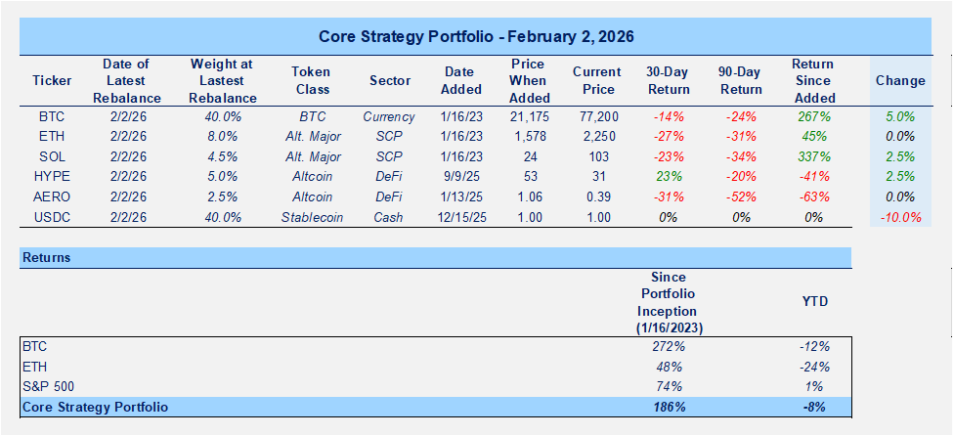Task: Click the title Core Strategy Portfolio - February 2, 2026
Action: (x=476, y=37)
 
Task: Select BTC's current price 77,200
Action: (x=596, y=116)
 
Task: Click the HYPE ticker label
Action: (x=52, y=177)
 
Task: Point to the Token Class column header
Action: (x=312, y=80)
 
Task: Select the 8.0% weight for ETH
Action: (x=223, y=137)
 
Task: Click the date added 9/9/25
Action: (x=460, y=177)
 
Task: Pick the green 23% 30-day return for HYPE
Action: (x=668, y=177)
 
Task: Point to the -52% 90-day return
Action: (x=740, y=196)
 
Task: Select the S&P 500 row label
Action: (x=48, y=386)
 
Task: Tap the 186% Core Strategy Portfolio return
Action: (x=668, y=406)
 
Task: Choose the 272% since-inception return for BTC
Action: (x=668, y=346)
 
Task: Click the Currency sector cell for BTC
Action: (x=388, y=116)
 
